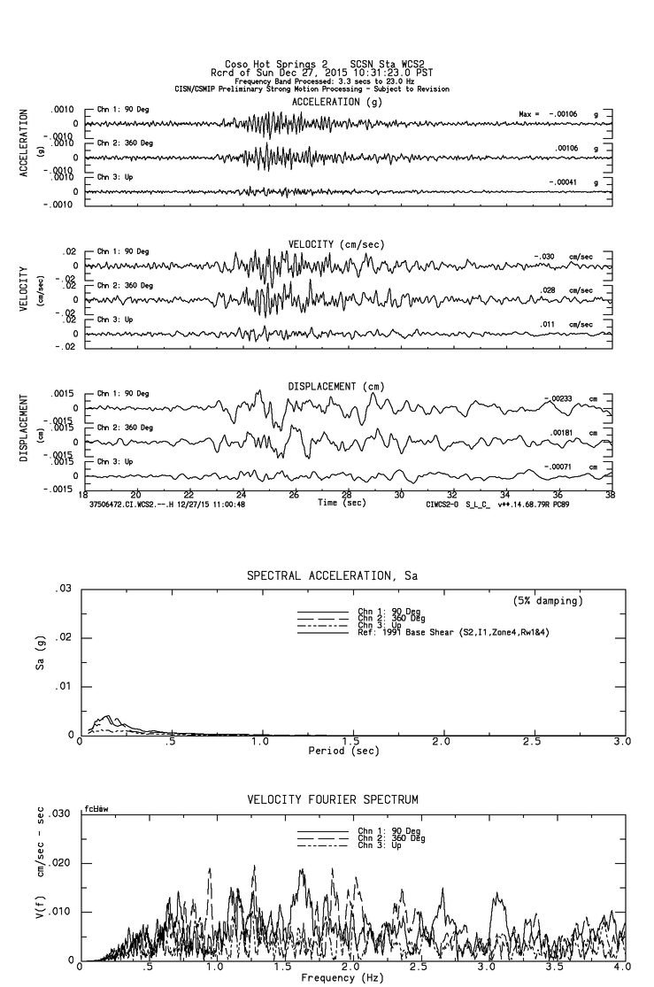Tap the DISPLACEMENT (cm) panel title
pos(335,387)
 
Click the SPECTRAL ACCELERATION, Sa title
pos(331,576)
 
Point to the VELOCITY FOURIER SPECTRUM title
pos(332,799)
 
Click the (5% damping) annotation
pos(547,601)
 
